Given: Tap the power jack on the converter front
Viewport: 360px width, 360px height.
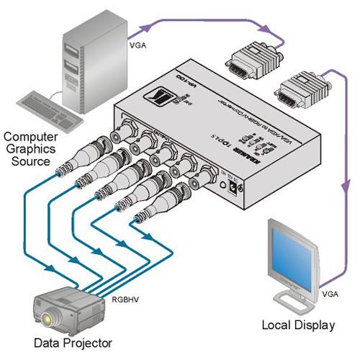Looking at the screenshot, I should tap(233, 186).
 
